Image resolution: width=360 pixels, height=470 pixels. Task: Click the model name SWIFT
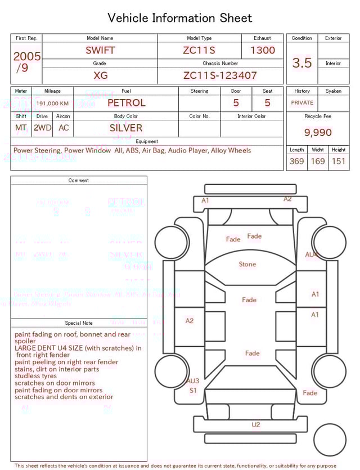pyautogui.click(x=100, y=50)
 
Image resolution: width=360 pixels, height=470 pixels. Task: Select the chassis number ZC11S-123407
pyautogui.click(x=220, y=75)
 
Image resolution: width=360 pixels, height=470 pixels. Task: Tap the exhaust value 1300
pyautogui.click(x=263, y=50)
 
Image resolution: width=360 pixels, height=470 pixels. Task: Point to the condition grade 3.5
pyautogui.click(x=301, y=63)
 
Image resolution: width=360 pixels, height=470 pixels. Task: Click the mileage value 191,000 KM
pyautogui.click(x=52, y=104)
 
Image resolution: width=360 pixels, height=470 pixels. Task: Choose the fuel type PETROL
pyautogui.click(x=126, y=102)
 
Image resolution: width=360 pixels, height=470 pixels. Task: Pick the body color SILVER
pyautogui.click(x=126, y=128)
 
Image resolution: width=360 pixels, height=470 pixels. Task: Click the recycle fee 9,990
pyautogui.click(x=318, y=132)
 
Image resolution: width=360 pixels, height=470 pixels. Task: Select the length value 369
pyautogui.click(x=296, y=162)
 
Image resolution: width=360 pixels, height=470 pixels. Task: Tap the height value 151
pyautogui.click(x=338, y=162)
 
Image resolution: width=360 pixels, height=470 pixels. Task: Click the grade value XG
pyautogui.click(x=100, y=75)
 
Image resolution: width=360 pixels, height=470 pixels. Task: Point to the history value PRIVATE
pyautogui.click(x=302, y=103)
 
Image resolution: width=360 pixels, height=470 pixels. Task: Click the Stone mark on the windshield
pyautogui.click(x=247, y=264)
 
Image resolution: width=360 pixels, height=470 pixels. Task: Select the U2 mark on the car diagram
pyautogui.click(x=256, y=424)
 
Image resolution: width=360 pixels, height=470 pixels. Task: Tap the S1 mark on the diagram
pyautogui.click(x=193, y=390)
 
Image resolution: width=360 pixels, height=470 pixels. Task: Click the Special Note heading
pyautogui.click(x=79, y=323)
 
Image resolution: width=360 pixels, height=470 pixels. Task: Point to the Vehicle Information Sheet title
pyautogui.click(x=180, y=18)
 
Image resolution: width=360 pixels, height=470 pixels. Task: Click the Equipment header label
pyautogui.click(x=147, y=141)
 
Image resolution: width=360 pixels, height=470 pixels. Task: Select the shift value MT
pyautogui.click(x=21, y=128)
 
